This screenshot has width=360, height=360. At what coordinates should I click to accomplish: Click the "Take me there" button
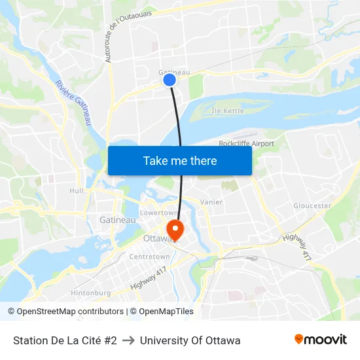coord(180,160)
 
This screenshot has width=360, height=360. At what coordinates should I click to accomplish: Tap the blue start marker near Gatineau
coord(170,80)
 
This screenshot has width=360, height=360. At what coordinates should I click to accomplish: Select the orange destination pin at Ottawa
coord(175,229)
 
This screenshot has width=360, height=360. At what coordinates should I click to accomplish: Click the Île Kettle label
coord(228,111)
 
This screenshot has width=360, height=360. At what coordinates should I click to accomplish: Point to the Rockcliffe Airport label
coord(246,143)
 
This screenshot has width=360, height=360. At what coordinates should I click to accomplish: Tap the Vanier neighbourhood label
coord(211,202)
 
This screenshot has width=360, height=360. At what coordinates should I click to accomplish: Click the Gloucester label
coord(312,206)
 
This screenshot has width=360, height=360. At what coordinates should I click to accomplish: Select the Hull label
coord(77,190)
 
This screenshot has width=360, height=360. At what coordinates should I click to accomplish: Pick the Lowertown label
coord(159,213)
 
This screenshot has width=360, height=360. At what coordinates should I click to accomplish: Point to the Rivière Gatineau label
coord(73,103)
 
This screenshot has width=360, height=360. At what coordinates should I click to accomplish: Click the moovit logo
coord(320,340)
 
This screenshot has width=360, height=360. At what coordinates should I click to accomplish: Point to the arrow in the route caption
coord(128,340)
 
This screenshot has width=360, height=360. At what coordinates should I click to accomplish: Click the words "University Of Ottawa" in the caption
coord(190,340)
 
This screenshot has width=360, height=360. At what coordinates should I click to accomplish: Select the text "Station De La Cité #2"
coord(65,340)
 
